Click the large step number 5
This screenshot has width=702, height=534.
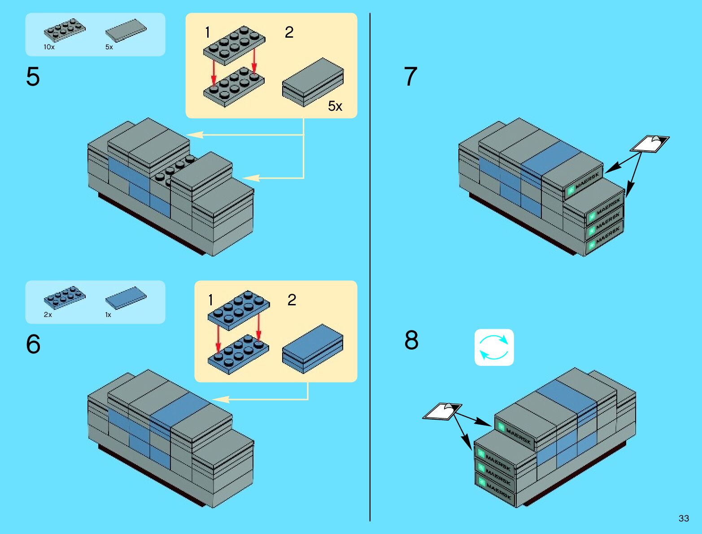pyautogui.click(x=33, y=77)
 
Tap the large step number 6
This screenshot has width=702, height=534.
pyautogui.click(x=33, y=344)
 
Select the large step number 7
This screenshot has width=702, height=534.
pyautogui.click(x=410, y=77)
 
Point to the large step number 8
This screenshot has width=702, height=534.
pyautogui.click(x=411, y=340)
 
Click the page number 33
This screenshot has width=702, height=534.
pyautogui.click(x=684, y=518)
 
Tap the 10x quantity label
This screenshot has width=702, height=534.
pyautogui.click(x=49, y=47)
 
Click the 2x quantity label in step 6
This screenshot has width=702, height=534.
pyautogui.click(x=48, y=315)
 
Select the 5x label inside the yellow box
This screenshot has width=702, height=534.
pyautogui.click(x=335, y=106)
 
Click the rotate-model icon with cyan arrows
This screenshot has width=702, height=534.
pyautogui.click(x=494, y=347)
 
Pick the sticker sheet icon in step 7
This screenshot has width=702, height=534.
pyautogui.click(x=650, y=143)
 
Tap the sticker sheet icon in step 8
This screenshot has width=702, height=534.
pyautogui.click(x=442, y=411)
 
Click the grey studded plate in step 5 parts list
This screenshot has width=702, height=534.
pyautogui.click(x=65, y=30)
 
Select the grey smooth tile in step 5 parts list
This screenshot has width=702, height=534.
pyautogui.click(x=126, y=31)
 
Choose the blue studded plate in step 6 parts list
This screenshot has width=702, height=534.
pyautogui.click(x=65, y=297)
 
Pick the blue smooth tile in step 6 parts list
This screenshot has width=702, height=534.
pyautogui.click(x=126, y=298)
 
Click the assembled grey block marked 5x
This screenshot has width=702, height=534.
pyautogui.click(x=313, y=82)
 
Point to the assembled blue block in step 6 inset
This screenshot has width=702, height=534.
pyautogui.click(x=313, y=348)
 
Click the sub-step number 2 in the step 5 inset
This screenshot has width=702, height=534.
pyautogui.click(x=289, y=32)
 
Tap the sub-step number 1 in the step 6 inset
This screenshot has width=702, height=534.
pyautogui.click(x=211, y=300)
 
